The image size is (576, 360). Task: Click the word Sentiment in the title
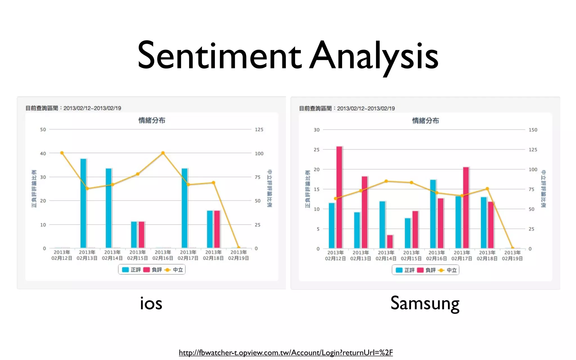click(x=219, y=55)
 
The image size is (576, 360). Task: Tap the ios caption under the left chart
click(x=151, y=303)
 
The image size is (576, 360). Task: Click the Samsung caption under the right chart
click(x=425, y=303)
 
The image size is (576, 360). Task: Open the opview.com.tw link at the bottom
click(x=286, y=352)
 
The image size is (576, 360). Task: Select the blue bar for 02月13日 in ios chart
click(x=83, y=203)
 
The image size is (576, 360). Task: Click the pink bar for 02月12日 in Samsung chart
click(x=339, y=197)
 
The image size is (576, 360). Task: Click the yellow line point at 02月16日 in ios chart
click(x=163, y=153)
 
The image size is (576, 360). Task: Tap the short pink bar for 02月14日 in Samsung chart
click(x=390, y=241)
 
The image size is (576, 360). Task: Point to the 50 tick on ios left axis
click(x=43, y=130)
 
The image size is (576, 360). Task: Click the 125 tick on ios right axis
click(x=259, y=130)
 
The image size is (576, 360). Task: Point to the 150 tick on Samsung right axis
click(x=533, y=130)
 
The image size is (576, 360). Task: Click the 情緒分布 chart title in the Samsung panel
click(x=425, y=121)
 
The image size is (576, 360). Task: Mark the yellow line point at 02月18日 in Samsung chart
click(x=487, y=189)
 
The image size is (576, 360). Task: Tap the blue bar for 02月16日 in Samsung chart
click(x=433, y=214)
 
